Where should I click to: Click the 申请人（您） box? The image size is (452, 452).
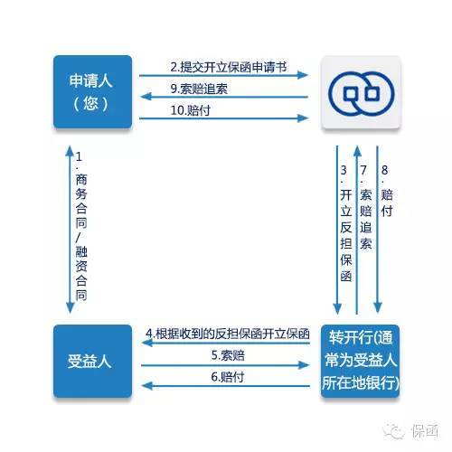(x=92, y=91)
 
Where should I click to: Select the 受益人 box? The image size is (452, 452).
(x=92, y=361)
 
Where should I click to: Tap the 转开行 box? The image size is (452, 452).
(x=361, y=361)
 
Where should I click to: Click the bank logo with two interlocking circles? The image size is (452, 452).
(x=361, y=94)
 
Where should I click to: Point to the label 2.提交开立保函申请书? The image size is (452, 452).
(x=229, y=67)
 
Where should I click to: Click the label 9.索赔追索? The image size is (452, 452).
(x=199, y=89)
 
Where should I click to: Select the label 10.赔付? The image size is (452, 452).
(x=190, y=110)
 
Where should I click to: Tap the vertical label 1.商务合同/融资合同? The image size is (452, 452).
(x=80, y=226)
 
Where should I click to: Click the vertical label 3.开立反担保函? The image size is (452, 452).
(x=346, y=223)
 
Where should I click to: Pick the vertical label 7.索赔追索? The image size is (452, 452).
(x=365, y=207)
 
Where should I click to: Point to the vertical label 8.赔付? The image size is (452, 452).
(x=387, y=191)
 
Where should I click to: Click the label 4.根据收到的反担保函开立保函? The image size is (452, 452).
(x=228, y=334)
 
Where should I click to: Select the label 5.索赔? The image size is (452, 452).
(x=228, y=355)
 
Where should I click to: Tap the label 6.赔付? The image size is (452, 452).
(x=227, y=377)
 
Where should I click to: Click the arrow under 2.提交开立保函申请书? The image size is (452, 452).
(x=223, y=75)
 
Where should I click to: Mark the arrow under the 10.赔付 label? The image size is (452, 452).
(x=223, y=118)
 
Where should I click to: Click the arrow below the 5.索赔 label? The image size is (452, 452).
(x=225, y=365)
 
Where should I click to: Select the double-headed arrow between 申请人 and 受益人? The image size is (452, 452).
(x=70, y=230)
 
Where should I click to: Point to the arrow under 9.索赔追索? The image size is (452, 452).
(x=224, y=97)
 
